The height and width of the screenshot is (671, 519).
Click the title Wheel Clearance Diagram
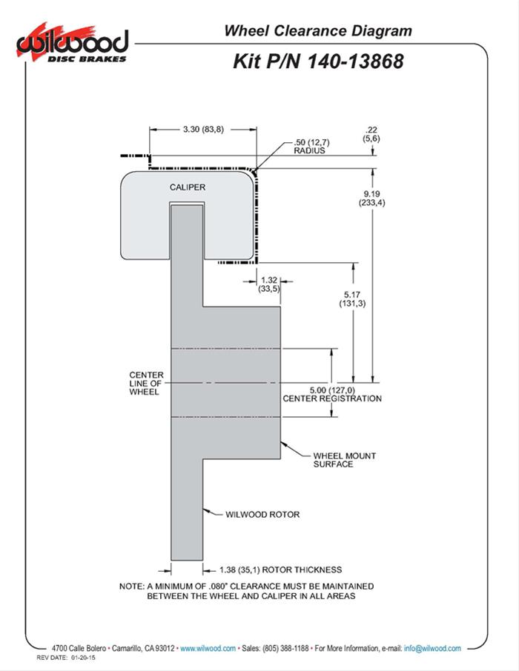point(317,31)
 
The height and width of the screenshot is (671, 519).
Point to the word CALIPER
point(187,187)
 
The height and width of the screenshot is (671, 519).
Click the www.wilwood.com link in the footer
point(208,648)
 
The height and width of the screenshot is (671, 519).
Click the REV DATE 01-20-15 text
point(72,658)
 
